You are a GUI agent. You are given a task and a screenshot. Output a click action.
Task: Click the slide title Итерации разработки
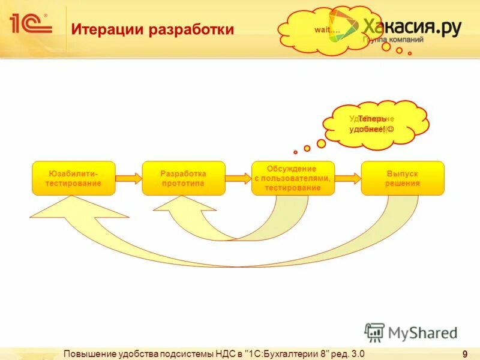152,29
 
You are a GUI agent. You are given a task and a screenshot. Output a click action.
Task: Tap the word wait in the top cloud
326,30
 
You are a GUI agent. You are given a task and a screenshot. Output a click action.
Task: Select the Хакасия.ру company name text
411,26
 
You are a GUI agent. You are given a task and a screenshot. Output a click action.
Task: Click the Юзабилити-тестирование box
74,178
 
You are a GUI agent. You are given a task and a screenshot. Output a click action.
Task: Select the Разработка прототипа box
183,178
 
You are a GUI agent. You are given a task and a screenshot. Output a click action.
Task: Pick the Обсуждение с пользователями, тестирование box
292,178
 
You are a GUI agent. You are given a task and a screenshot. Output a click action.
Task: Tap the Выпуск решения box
403,178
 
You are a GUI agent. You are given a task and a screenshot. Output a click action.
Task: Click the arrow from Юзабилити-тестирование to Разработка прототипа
128,178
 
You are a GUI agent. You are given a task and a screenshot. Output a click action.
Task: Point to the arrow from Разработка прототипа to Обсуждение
238,178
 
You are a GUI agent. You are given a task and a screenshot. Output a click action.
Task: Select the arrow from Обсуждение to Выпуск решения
348,178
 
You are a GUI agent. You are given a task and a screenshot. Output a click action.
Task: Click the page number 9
465,353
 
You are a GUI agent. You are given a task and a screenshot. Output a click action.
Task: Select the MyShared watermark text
423,332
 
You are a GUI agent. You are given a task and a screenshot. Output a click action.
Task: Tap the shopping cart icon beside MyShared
374,332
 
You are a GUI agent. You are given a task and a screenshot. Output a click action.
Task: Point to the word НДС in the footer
224,353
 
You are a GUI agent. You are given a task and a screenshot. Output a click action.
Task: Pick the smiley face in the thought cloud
391,130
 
